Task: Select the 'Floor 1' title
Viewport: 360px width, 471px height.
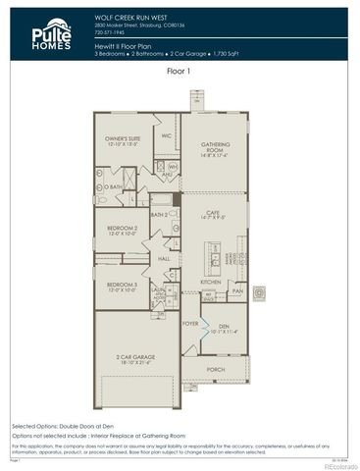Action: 180,71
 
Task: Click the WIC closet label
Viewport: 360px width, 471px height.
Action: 166,135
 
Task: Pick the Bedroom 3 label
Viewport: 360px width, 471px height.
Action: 123,287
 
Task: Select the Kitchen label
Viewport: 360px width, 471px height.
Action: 211,282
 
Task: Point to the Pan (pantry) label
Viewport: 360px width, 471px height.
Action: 237,291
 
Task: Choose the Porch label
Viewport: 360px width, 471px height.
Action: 216,370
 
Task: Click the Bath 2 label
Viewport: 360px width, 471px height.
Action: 160,214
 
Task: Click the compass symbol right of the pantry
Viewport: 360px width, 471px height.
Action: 261,291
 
